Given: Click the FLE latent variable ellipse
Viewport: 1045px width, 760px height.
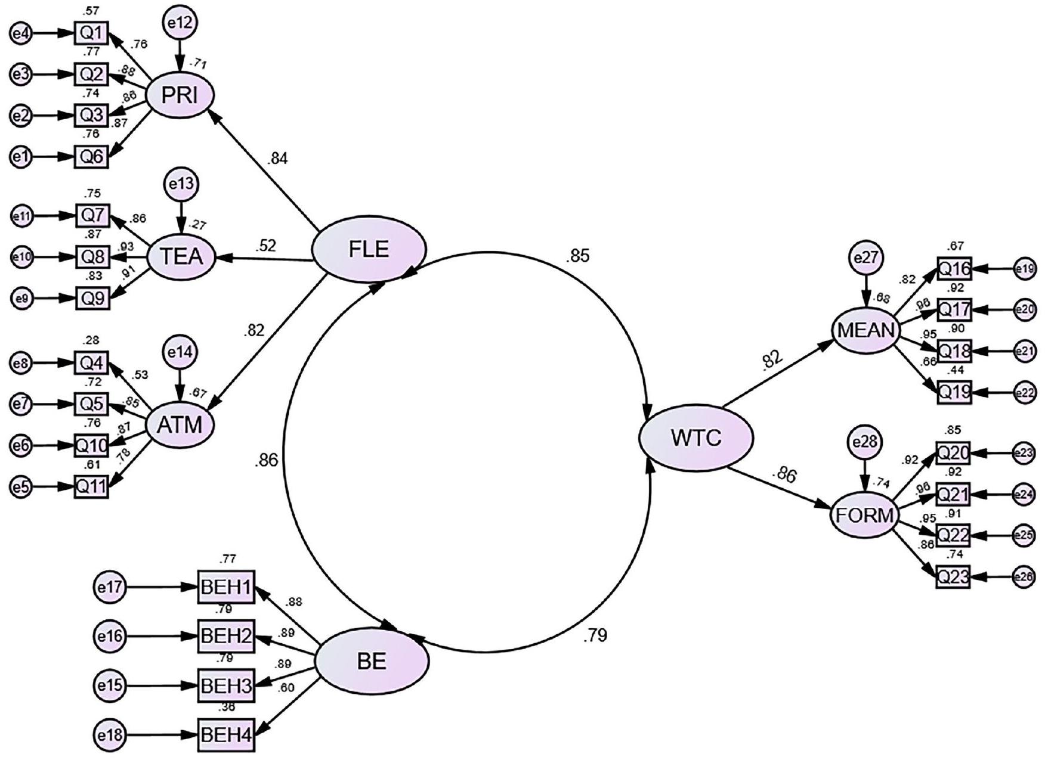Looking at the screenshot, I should [x=369, y=249].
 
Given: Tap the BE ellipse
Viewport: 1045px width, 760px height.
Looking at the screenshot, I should [x=372, y=661].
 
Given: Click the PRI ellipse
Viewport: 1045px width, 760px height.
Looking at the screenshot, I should [x=180, y=95].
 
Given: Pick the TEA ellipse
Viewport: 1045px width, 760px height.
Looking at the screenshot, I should [x=181, y=257].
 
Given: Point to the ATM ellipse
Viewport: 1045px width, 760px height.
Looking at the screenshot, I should [x=180, y=425].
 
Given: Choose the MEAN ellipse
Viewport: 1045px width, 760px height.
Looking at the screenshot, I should [x=865, y=330].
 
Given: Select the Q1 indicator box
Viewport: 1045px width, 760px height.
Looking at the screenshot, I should [x=92, y=33].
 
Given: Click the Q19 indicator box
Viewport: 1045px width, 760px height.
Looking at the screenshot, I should [x=954, y=392].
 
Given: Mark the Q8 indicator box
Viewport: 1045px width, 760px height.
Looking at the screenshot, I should [x=92, y=257].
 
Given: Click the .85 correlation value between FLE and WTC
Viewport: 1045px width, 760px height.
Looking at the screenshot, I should [x=578, y=256].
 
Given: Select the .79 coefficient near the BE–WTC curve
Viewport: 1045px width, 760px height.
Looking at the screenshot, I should [x=595, y=635].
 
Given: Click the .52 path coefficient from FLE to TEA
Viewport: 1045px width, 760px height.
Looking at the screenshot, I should [x=267, y=246].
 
